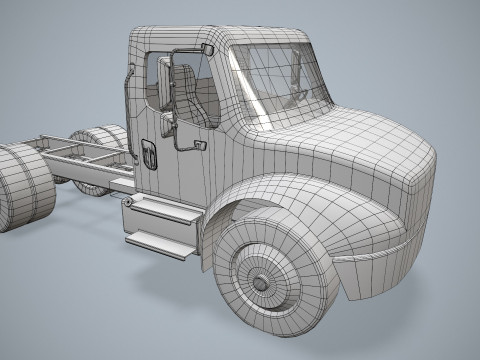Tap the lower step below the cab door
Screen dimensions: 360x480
coord(160,244)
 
